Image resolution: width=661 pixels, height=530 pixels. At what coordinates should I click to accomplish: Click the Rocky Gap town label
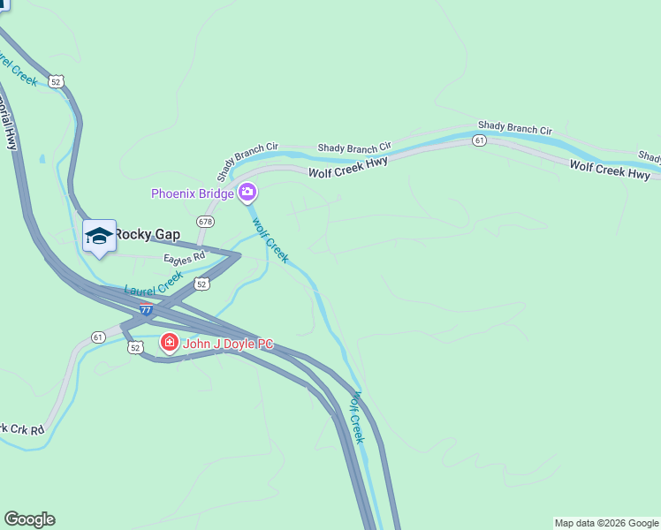(x=147, y=235)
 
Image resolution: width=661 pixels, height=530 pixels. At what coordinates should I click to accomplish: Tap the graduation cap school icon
(x=99, y=236)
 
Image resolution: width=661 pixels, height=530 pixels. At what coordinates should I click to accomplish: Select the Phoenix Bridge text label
(x=192, y=193)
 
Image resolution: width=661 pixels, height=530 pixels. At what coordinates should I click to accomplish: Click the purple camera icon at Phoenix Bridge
(x=247, y=193)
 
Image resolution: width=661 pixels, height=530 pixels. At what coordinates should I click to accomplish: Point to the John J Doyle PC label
(x=228, y=342)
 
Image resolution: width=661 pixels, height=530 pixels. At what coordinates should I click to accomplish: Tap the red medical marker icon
(x=168, y=341)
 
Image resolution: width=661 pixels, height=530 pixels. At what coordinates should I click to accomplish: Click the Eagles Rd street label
(x=184, y=258)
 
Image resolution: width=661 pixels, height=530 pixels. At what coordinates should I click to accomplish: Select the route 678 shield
(x=206, y=221)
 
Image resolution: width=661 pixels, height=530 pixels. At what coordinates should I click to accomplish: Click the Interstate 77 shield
(x=146, y=310)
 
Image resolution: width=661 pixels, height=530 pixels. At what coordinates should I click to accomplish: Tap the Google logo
(x=29, y=519)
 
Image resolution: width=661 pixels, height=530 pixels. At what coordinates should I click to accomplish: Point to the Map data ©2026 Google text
(x=606, y=523)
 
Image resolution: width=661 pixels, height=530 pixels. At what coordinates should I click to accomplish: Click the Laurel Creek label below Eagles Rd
(x=154, y=284)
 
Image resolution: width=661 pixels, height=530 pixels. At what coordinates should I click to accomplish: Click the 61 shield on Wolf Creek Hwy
(x=479, y=140)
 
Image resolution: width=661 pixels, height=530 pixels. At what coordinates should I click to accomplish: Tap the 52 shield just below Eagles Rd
(x=201, y=284)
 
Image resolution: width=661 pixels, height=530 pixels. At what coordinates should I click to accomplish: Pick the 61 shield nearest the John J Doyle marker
(x=98, y=337)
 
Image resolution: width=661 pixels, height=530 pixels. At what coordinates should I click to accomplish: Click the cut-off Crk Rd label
(x=21, y=429)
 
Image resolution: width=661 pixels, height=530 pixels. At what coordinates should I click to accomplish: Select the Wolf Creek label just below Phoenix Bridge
(x=270, y=239)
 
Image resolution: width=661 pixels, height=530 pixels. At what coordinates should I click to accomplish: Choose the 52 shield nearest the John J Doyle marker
(x=134, y=348)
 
